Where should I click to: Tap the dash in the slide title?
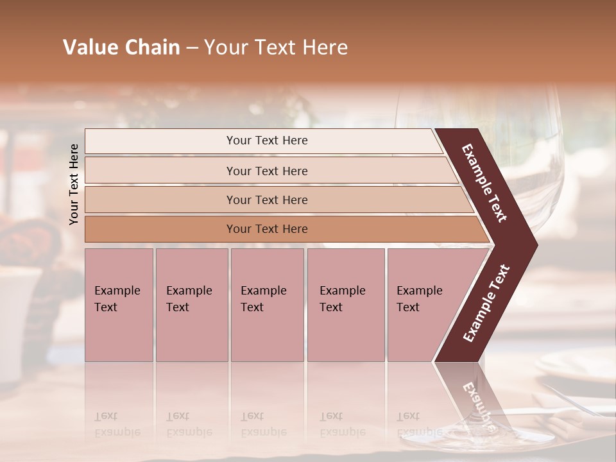[x=192, y=48]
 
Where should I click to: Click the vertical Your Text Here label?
[x=74, y=184]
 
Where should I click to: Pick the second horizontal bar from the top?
[x=266, y=171]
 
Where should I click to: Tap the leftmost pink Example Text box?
[x=119, y=305]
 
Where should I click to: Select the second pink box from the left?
[x=191, y=305]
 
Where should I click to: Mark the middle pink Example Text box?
[x=267, y=305]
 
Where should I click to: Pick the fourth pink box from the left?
[x=345, y=305]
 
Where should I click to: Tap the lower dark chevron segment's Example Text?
[x=486, y=303]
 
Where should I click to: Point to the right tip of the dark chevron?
[x=536, y=244]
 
